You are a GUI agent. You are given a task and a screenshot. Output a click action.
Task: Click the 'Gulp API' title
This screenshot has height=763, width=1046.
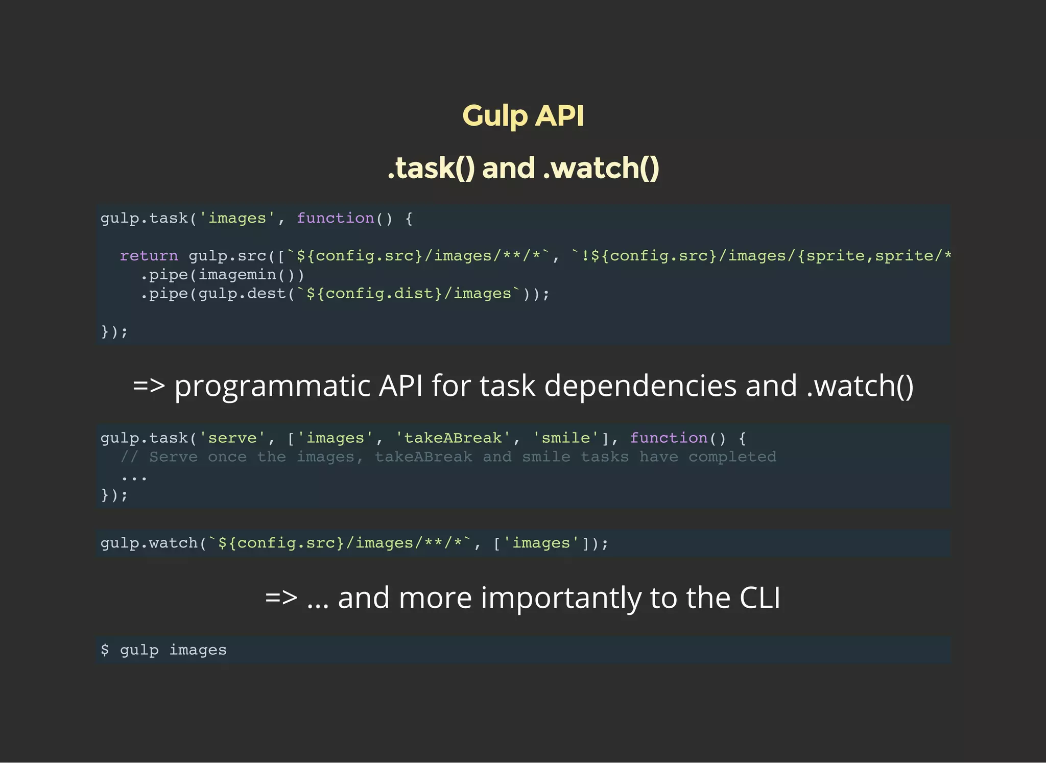click(523, 116)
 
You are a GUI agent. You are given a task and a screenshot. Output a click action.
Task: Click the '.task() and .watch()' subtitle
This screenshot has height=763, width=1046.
click(523, 168)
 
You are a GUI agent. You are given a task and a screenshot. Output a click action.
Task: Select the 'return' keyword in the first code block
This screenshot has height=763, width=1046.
click(149, 255)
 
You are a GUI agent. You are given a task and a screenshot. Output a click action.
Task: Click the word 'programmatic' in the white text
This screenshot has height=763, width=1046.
click(272, 386)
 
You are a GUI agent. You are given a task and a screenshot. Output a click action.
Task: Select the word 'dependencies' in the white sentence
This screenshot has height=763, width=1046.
click(640, 386)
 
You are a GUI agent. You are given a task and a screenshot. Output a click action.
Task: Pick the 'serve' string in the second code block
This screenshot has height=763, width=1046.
click(232, 438)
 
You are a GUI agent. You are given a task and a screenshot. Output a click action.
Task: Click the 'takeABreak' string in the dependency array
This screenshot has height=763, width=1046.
click(453, 438)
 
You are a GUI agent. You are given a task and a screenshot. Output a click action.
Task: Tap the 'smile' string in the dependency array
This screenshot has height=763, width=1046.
click(565, 438)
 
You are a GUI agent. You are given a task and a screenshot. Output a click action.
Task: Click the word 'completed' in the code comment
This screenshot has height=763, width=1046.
click(732, 457)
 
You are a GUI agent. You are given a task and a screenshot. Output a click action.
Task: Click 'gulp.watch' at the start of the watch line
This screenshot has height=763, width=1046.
click(149, 543)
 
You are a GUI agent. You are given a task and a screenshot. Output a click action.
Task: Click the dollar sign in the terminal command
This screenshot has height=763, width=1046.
click(105, 650)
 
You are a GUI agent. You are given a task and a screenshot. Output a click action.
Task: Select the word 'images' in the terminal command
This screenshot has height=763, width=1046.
click(198, 650)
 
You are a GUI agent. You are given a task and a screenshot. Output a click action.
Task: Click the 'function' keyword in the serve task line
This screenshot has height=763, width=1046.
click(669, 438)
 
